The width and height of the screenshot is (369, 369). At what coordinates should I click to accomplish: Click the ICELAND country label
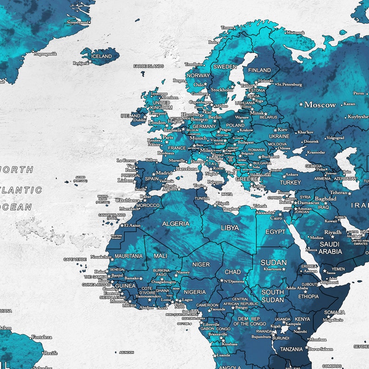[x=101, y=56]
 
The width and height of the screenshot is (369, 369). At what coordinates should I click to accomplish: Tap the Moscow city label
[x=320, y=105]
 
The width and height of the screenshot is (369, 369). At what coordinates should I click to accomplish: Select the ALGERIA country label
[x=176, y=224]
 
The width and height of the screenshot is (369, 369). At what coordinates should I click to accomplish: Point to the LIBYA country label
[x=230, y=228]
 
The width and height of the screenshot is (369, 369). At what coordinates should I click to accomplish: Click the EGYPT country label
[x=275, y=231]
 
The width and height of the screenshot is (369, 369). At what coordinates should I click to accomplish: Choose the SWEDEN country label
[x=224, y=67]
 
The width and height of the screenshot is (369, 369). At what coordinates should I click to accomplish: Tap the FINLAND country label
[x=260, y=71]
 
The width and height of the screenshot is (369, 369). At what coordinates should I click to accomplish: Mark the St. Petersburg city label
[x=289, y=85]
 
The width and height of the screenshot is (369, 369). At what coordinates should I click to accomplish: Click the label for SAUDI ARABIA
[x=330, y=248]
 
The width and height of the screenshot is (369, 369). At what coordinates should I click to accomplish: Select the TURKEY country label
[x=290, y=183]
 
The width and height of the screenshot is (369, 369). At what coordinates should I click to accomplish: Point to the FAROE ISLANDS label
[x=148, y=66]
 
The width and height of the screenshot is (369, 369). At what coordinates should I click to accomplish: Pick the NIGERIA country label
[x=195, y=292]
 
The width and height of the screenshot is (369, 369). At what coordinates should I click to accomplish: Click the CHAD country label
[x=233, y=272]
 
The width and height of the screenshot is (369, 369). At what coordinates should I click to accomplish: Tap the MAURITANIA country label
[x=128, y=256]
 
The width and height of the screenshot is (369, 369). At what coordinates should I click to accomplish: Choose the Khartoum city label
[x=272, y=269]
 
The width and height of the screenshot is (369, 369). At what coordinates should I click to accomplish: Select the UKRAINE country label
[x=279, y=137]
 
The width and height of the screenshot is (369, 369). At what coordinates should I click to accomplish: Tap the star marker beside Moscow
[x=301, y=104]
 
